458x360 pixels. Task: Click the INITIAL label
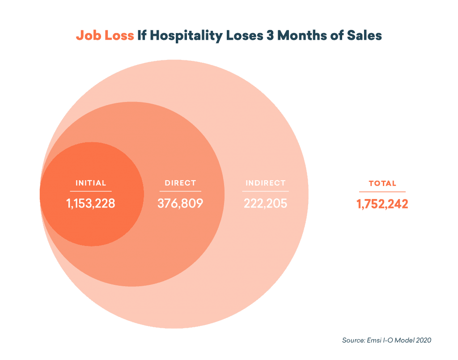(91, 183)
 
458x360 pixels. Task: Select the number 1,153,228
(91, 204)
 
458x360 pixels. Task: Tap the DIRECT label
(180, 183)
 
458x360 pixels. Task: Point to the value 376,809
(180, 204)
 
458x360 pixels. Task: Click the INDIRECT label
(265, 183)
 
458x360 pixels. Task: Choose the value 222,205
(265, 204)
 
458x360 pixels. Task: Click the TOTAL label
(382, 183)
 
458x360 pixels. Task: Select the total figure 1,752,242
(382, 204)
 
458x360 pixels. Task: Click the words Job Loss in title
(105, 36)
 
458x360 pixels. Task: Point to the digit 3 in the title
(270, 36)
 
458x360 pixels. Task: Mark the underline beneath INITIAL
(91, 191)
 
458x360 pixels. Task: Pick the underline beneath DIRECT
(180, 191)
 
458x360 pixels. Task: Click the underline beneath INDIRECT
(265, 191)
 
